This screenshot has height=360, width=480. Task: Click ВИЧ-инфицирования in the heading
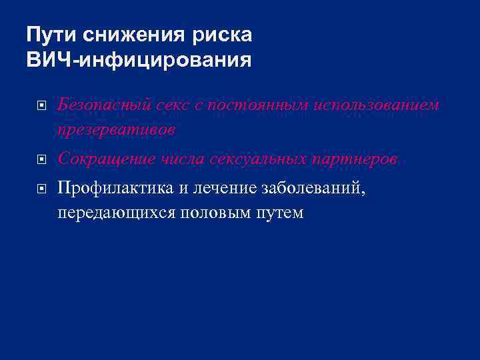coord(139,61)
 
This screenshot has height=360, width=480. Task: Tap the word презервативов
coord(117,130)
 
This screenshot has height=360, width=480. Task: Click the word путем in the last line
coord(281,213)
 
